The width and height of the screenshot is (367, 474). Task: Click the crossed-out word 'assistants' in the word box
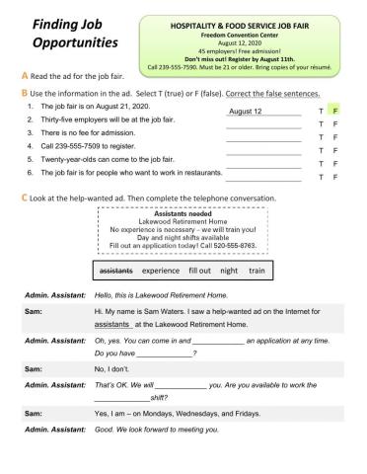point(116,270)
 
